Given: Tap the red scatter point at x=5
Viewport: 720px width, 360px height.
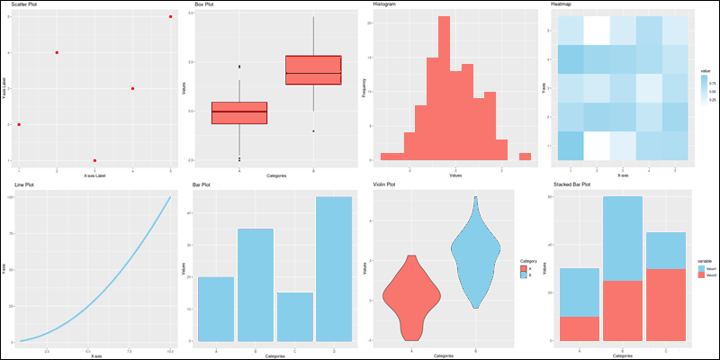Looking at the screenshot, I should click(171, 16).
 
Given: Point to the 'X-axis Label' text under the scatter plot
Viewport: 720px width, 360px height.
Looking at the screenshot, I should click(94, 175).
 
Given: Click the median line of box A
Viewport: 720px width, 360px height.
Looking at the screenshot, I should click(239, 112).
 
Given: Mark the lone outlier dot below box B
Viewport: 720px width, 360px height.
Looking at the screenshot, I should click(313, 131).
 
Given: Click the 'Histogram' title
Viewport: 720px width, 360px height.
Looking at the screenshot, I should click(384, 4).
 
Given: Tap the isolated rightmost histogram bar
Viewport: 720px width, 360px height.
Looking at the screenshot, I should click(525, 157).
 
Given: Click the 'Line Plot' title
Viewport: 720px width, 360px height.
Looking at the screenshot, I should click(25, 184).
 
